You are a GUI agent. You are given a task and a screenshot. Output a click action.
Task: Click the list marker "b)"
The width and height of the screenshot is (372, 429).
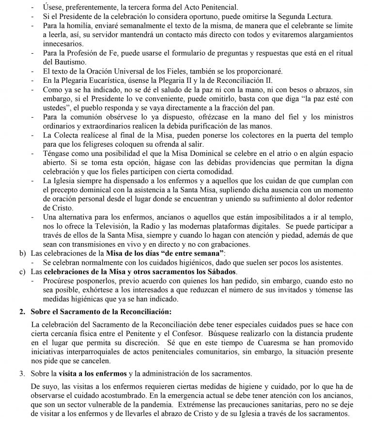(x=22, y=253)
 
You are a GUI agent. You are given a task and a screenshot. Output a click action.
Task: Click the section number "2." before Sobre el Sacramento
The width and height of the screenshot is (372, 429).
(x=22, y=310)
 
